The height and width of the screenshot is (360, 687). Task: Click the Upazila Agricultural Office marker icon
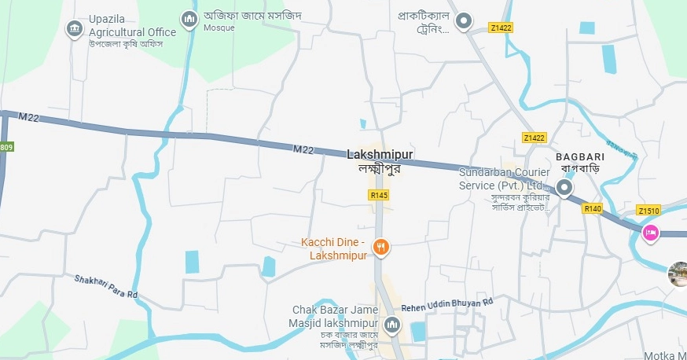point(75,29)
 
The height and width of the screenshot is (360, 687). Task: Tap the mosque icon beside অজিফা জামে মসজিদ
point(189,18)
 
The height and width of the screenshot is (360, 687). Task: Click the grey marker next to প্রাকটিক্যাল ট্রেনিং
point(465,21)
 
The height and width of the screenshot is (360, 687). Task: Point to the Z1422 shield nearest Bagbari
point(534,138)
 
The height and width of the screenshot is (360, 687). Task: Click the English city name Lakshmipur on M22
point(380,155)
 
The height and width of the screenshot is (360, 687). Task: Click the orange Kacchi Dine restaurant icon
point(381,247)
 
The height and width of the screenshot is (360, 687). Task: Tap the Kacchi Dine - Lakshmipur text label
point(334,248)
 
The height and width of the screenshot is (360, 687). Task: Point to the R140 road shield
point(592,209)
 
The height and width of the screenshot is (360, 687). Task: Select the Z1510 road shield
point(648,211)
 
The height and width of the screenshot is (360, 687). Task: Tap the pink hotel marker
point(650,233)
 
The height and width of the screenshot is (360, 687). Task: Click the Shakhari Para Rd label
point(106,286)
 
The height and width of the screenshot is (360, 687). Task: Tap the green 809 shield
point(6,147)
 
